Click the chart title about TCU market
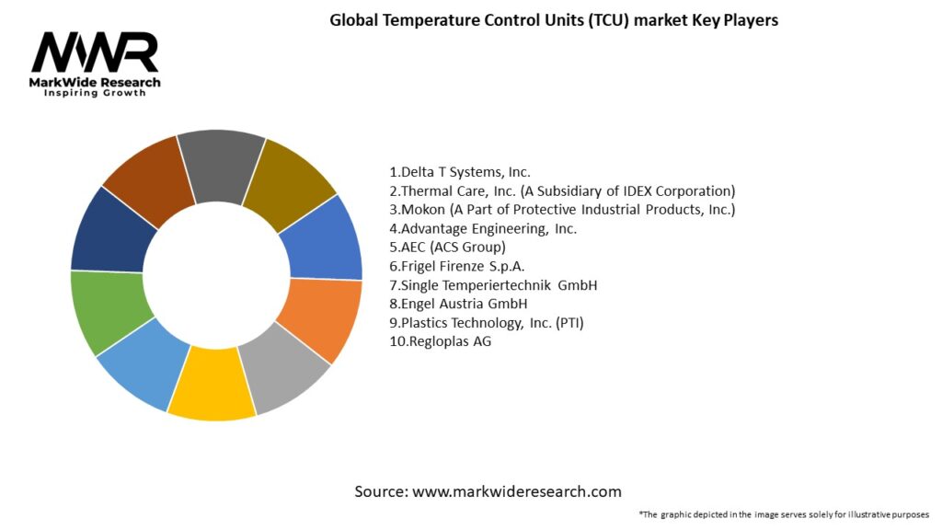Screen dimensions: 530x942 [x=554, y=20]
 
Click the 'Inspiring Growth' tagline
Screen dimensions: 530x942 [x=95, y=94]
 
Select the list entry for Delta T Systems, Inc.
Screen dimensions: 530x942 [x=460, y=171]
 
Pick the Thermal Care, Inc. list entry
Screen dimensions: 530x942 [x=562, y=190]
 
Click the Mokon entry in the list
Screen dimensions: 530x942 [x=562, y=209]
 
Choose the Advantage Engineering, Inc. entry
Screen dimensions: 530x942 [x=483, y=228]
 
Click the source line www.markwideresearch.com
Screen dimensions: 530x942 [x=488, y=491]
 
